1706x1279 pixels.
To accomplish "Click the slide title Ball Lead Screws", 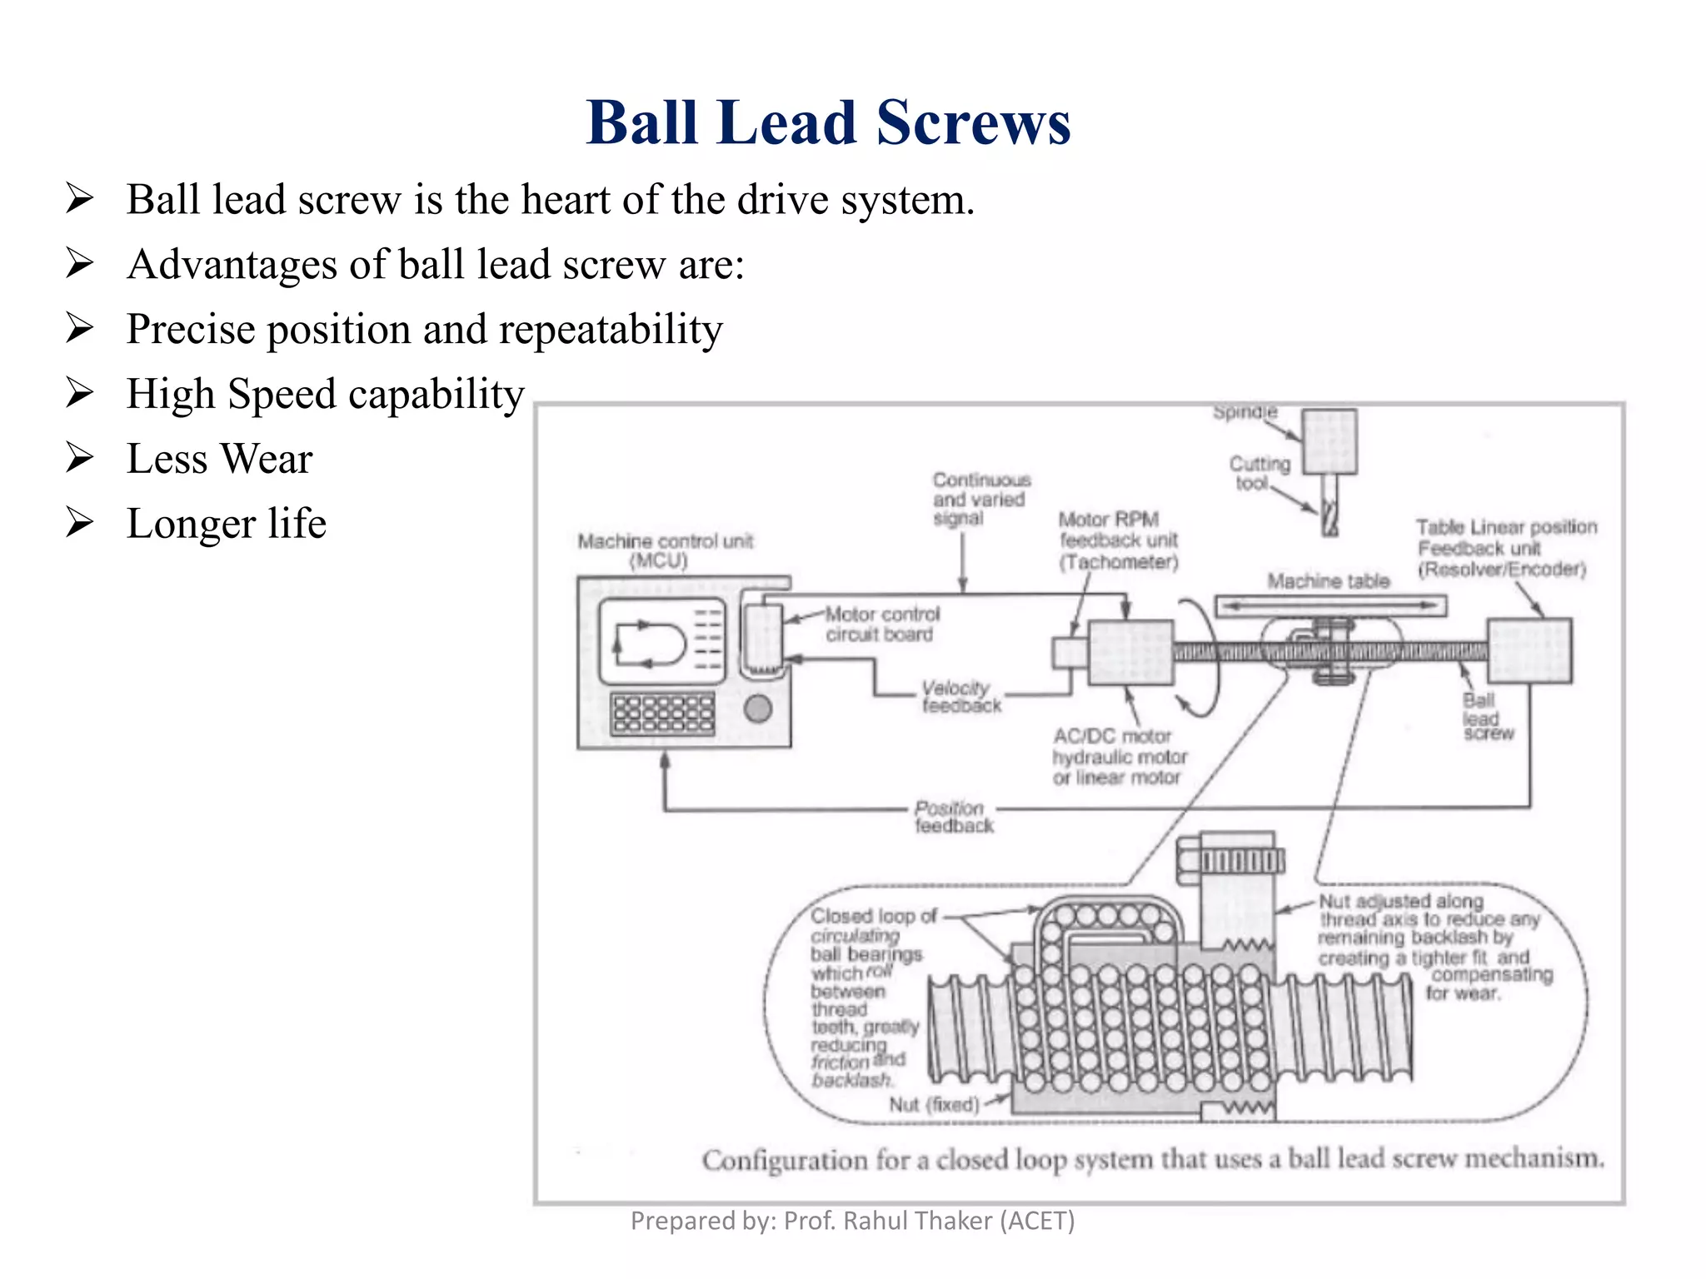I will point(828,123).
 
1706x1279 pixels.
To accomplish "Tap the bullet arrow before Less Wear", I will point(80,458).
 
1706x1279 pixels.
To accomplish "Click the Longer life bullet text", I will point(226,524).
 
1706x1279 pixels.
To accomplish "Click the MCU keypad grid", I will point(663,714).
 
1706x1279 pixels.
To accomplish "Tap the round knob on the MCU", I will point(757,709).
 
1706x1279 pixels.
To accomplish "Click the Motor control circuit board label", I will point(881,625).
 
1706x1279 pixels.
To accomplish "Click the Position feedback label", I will point(953,817).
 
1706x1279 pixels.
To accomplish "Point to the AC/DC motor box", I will point(1130,653).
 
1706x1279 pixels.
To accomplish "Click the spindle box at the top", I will point(1329,441).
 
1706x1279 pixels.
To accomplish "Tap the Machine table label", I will point(1328,581).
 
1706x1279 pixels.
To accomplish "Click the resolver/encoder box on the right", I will point(1529,650).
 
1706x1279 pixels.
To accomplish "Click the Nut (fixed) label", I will point(933,1105).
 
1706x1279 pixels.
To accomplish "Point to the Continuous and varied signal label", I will point(980,499).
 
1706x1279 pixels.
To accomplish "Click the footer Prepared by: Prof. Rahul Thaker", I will point(852,1221).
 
